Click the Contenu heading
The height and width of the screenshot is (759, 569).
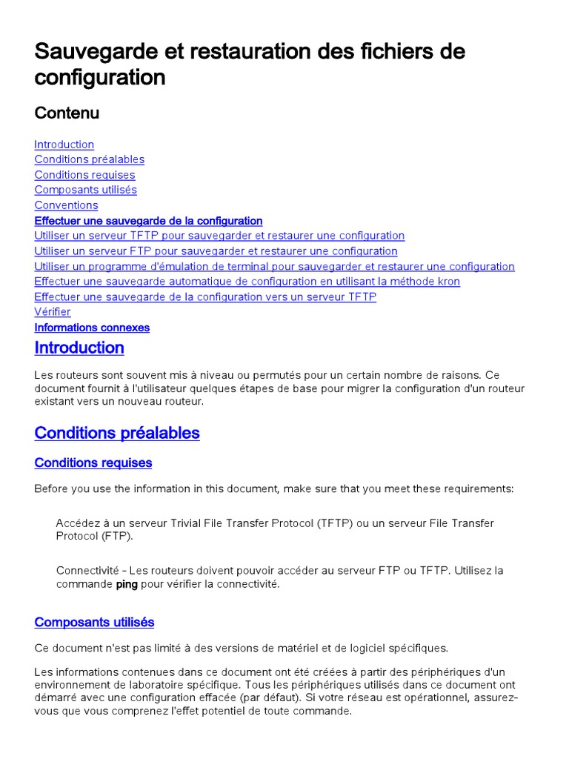(x=67, y=113)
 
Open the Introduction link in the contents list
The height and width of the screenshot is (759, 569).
(x=64, y=145)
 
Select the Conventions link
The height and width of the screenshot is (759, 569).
(x=66, y=205)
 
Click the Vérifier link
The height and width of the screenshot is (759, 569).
(x=53, y=312)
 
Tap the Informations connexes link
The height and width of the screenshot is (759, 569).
(x=92, y=328)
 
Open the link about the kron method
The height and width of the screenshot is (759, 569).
(x=247, y=282)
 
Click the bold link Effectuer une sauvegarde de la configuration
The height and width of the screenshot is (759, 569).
(x=148, y=221)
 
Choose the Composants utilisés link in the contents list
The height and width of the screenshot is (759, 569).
(x=85, y=190)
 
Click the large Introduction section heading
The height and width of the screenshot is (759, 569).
(x=79, y=348)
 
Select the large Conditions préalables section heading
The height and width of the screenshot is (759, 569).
(x=117, y=433)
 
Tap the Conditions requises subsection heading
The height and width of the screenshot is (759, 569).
(x=93, y=463)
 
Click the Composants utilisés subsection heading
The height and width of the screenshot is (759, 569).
(x=94, y=623)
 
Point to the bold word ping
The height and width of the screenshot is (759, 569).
(x=127, y=584)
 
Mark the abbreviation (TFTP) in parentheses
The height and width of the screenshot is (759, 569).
(x=336, y=523)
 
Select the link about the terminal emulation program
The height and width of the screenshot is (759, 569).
(x=274, y=267)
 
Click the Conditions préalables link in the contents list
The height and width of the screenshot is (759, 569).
(x=89, y=159)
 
